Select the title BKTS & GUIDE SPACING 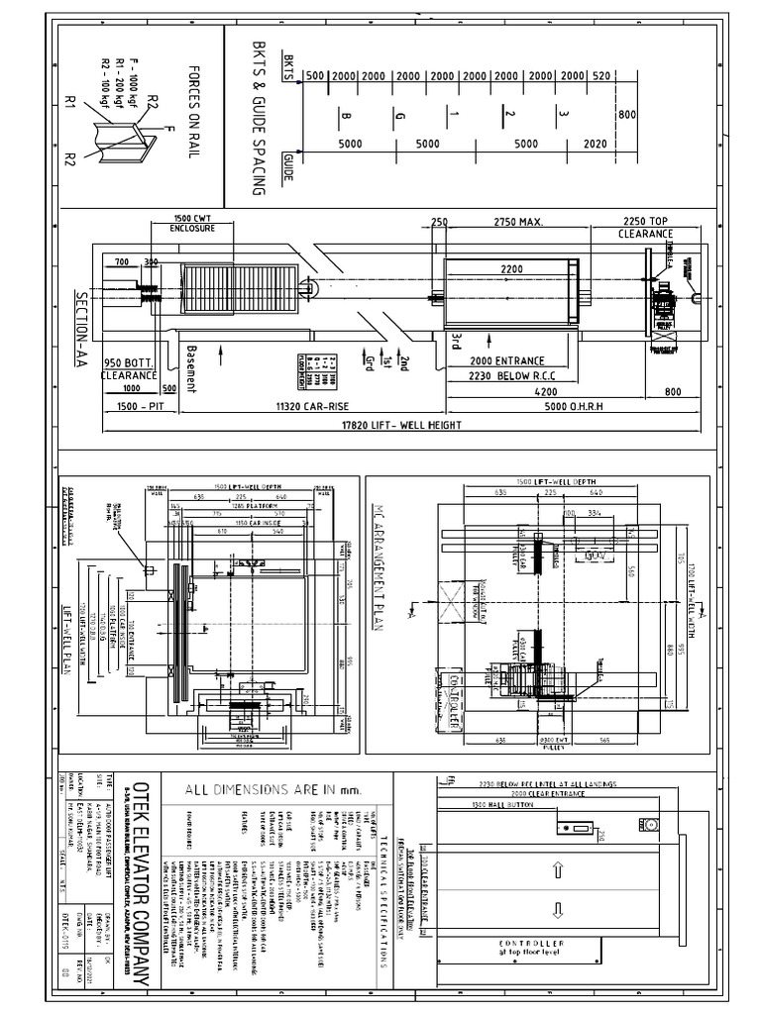click(x=260, y=118)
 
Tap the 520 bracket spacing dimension click(x=600, y=75)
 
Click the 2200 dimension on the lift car click(x=511, y=268)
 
